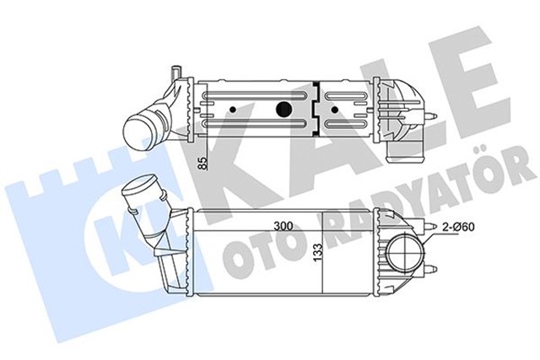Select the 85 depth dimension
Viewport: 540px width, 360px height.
tap(201, 163)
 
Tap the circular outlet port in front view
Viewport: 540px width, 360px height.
tap(402, 254)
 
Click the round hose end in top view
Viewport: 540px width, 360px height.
tap(138, 129)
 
